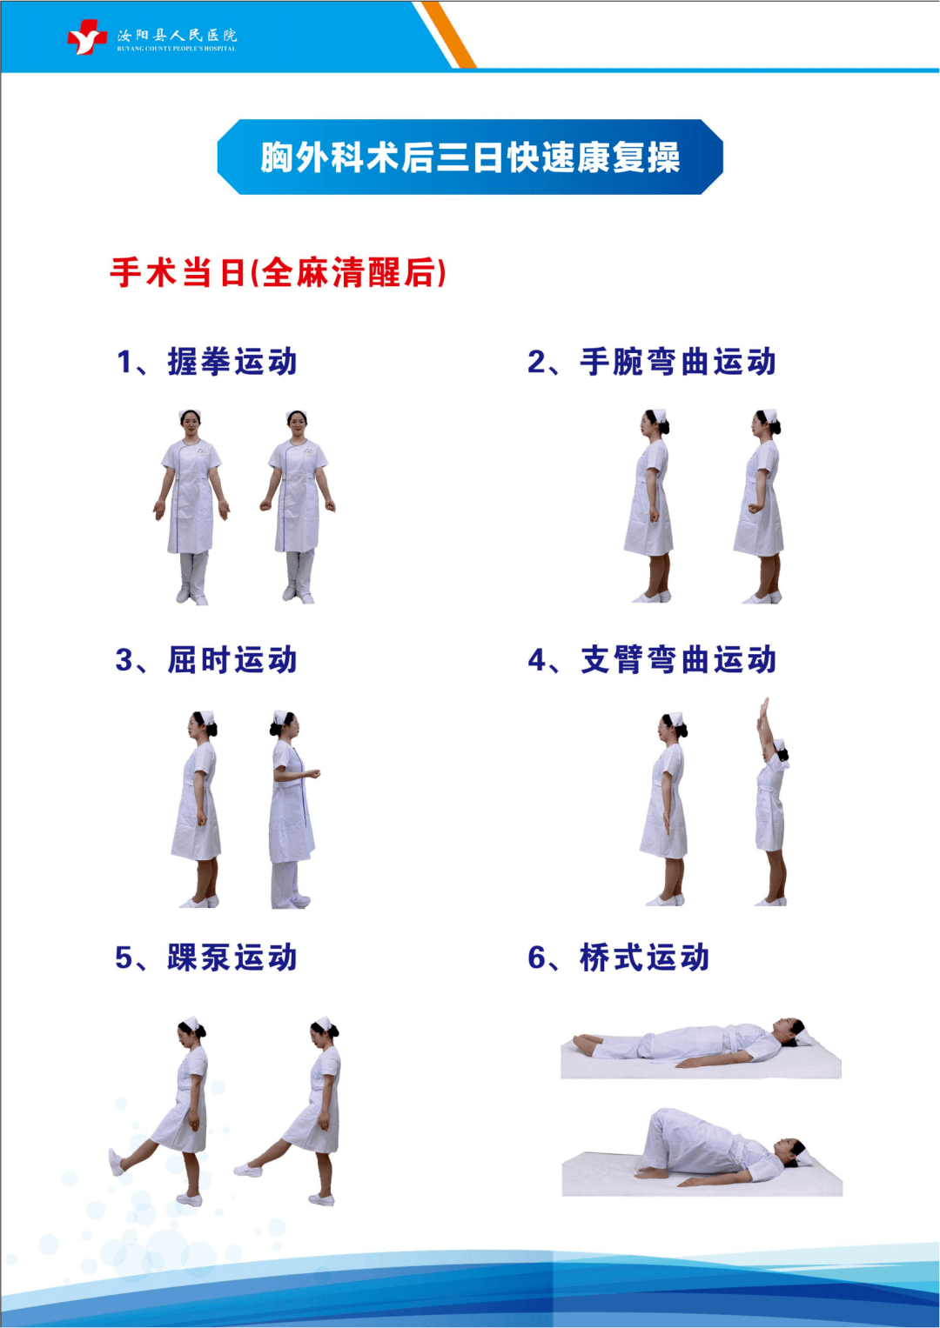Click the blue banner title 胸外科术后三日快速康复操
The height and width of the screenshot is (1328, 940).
pyautogui.click(x=470, y=157)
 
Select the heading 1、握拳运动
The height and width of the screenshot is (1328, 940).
pyautogui.click(x=207, y=362)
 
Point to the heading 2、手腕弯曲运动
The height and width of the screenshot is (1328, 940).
pyautogui.click(x=651, y=362)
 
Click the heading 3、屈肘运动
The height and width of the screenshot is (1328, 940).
pyautogui.click(x=207, y=660)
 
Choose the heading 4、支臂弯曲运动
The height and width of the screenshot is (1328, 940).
pyautogui.click(x=651, y=660)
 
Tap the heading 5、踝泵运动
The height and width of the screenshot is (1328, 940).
pyautogui.click(x=207, y=958)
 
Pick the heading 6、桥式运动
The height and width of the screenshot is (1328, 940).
pyautogui.click(x=619, y=958)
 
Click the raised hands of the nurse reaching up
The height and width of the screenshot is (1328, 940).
pyautogui.click(x=764, y=709)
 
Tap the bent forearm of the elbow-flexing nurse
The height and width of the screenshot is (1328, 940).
pyautogui.click(x=306, y=773)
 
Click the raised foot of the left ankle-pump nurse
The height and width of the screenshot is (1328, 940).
pyautogui.click(x=116, y=1162)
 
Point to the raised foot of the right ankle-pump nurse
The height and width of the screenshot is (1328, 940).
pyautogui.click(x=248, y=1170)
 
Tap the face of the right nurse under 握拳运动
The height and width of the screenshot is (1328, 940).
pyautogui.click(x=298, y=425)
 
